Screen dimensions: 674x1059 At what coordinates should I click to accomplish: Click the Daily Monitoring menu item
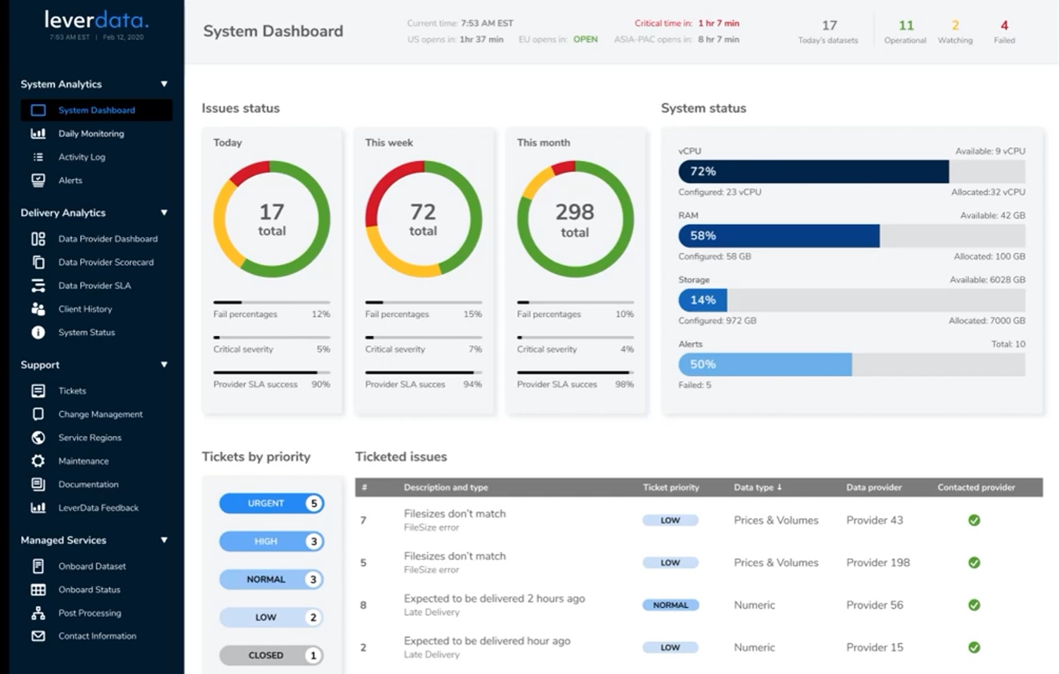click(91, 134)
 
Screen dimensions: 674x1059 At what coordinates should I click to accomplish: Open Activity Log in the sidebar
click(82, 157)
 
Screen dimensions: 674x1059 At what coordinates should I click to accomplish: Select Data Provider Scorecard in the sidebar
click(105, 262)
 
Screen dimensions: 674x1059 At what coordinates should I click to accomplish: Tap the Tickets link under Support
click(72, 391)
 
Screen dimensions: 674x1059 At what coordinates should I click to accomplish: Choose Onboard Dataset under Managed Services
click(92, 566)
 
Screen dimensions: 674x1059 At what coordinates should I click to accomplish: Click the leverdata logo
click(96, 20)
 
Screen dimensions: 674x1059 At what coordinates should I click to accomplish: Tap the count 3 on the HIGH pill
click(313, 541)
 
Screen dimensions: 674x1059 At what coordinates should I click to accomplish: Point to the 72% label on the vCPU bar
click(703, 171)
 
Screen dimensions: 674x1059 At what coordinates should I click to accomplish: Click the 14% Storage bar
click(703, 300)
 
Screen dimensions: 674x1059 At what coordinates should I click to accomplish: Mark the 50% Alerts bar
click(765, 364)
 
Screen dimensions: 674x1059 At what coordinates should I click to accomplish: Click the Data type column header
click(758, 487)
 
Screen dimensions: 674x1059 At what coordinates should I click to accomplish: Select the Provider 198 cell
click(878, 562)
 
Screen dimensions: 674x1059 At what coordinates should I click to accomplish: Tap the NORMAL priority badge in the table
click(670, 605)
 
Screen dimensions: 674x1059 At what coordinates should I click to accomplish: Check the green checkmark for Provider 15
click(974, 647)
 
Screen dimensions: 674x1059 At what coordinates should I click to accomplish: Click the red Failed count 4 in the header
click(1004, 26)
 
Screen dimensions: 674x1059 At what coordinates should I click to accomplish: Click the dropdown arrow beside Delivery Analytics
click(164, 212)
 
